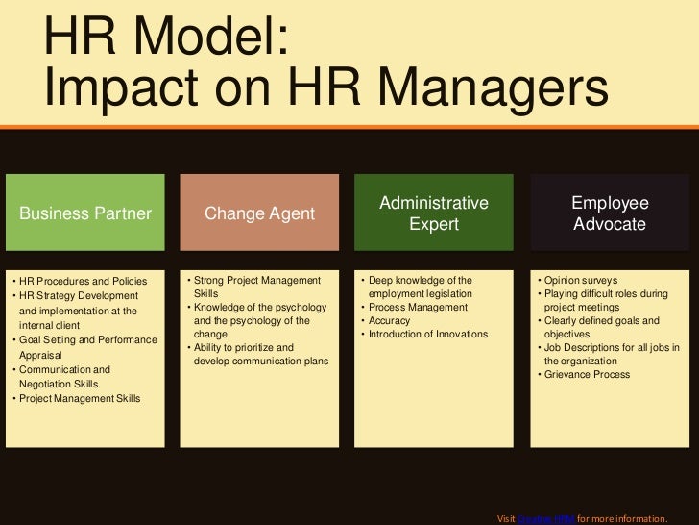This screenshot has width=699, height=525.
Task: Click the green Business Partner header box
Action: point(86,213)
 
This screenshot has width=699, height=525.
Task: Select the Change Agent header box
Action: point(258,213)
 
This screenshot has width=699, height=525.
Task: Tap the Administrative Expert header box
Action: point(434,213)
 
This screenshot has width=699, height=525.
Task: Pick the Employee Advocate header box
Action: point(610,213)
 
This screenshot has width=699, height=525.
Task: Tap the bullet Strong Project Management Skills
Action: point(256,286)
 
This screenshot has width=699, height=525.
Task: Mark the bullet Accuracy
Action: point(390,320)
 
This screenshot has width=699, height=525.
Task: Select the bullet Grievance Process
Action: point(588,374)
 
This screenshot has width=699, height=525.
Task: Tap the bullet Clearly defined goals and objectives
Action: point(603,327)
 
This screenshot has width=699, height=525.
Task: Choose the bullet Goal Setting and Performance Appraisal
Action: point(84,346)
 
